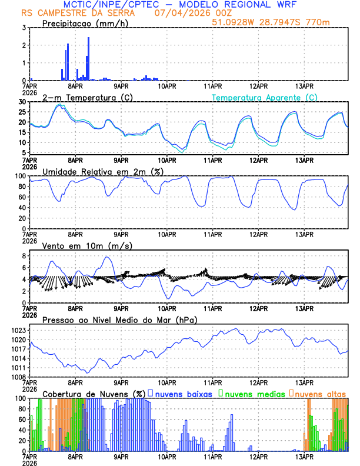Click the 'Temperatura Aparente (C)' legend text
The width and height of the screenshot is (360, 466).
click(265, 97)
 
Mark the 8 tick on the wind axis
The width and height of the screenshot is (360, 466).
click(24, 256)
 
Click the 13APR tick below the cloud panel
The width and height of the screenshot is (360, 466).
click(304, 457)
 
